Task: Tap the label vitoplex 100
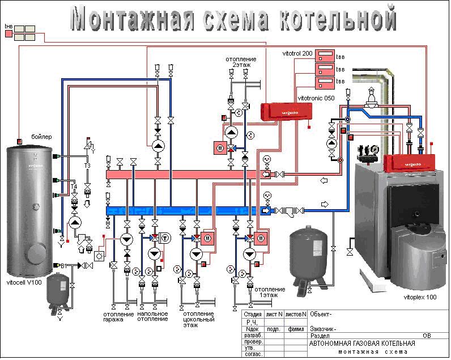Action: (420, 297)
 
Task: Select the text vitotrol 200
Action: (297, 53)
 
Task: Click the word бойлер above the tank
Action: (41, 137)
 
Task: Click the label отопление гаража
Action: (118, 317)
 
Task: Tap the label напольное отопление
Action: (152, 316)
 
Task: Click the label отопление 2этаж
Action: (241, 62)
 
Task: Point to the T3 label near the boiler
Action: (87, 166)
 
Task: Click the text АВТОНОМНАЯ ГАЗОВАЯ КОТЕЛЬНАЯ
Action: (362, 344)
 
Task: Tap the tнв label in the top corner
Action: (8, 26)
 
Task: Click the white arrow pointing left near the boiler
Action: (323, 180)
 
